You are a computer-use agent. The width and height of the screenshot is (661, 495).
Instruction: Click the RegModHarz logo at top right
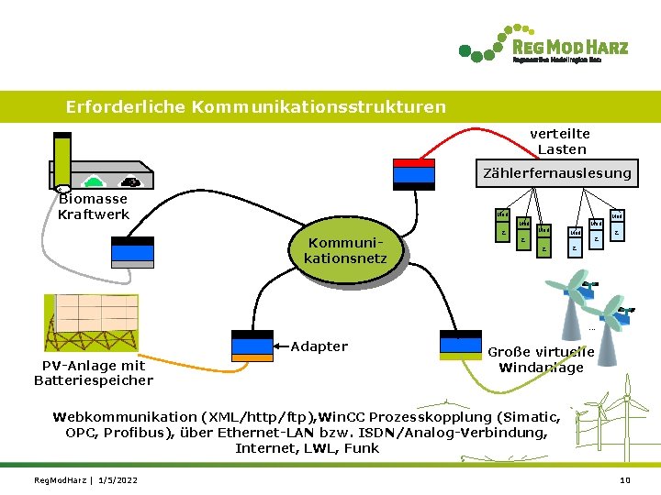[x=543, y=49]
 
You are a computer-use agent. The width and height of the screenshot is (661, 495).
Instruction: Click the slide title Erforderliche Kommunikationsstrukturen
[x=255, y=107]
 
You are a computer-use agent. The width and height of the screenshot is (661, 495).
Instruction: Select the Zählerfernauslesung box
[x=557, y=172]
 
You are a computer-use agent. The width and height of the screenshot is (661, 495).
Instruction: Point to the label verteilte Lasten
[x=561, y=141]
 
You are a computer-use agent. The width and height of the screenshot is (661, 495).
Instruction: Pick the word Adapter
[x=319, y=346]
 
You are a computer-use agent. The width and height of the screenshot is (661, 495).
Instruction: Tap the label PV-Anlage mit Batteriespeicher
[x=93, y=373]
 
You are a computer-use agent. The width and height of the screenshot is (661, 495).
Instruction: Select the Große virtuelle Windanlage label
[x=540, y=359]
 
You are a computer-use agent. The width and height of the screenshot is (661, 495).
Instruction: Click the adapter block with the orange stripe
[x=252, y=346]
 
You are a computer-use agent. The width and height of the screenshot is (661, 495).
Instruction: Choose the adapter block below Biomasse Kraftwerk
[x=131, y=249]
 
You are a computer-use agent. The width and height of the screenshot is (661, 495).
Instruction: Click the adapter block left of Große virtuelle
[x=461, y=346]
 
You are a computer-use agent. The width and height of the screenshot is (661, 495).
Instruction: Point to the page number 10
[x=625, y=481]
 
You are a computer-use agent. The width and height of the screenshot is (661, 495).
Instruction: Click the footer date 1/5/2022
[x=117, y=481]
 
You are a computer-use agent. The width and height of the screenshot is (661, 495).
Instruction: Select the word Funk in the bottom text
[x=362, y=448]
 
